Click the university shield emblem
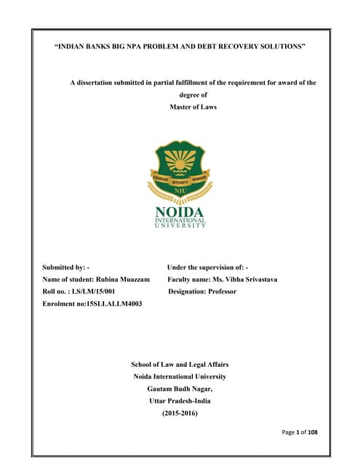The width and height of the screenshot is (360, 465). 180,168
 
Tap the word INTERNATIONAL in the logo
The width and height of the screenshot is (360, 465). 180,219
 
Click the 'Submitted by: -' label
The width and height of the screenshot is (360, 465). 66,267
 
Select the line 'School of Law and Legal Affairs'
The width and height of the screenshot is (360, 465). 180,364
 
